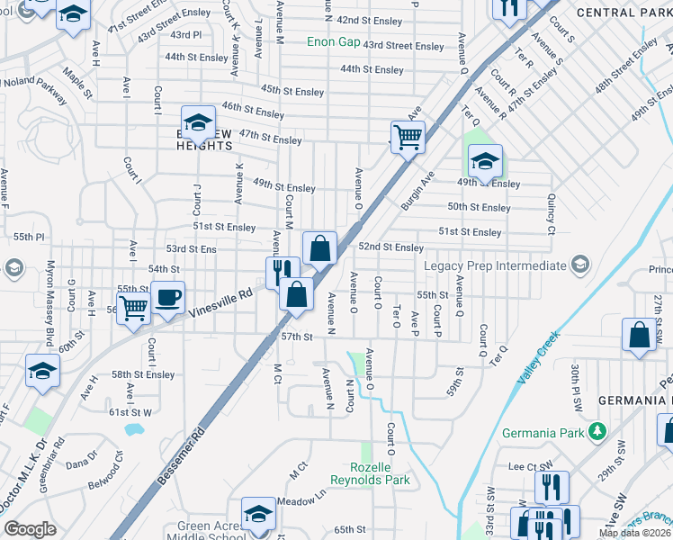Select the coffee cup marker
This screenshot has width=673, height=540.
(168, 298)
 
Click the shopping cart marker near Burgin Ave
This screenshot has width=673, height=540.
(408, 138)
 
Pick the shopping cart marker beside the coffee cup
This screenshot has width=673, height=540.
(133, 308)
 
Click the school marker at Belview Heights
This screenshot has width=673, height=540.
(199, 121)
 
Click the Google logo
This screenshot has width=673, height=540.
(29, 529)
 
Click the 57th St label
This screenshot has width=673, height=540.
(295, 337)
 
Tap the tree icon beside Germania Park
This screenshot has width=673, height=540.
(597, 430)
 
